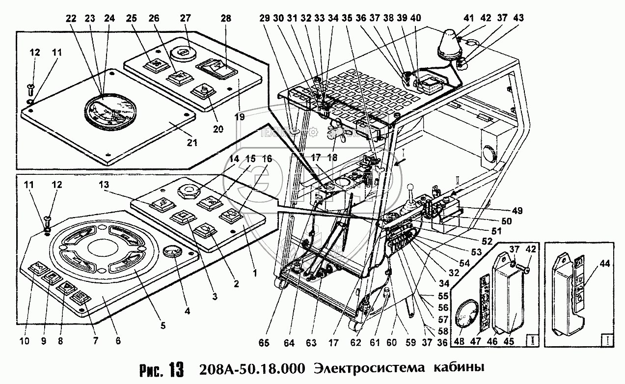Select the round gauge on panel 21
coord(109,112)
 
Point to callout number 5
coord(163,325)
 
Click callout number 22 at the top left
coord(72,18)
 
